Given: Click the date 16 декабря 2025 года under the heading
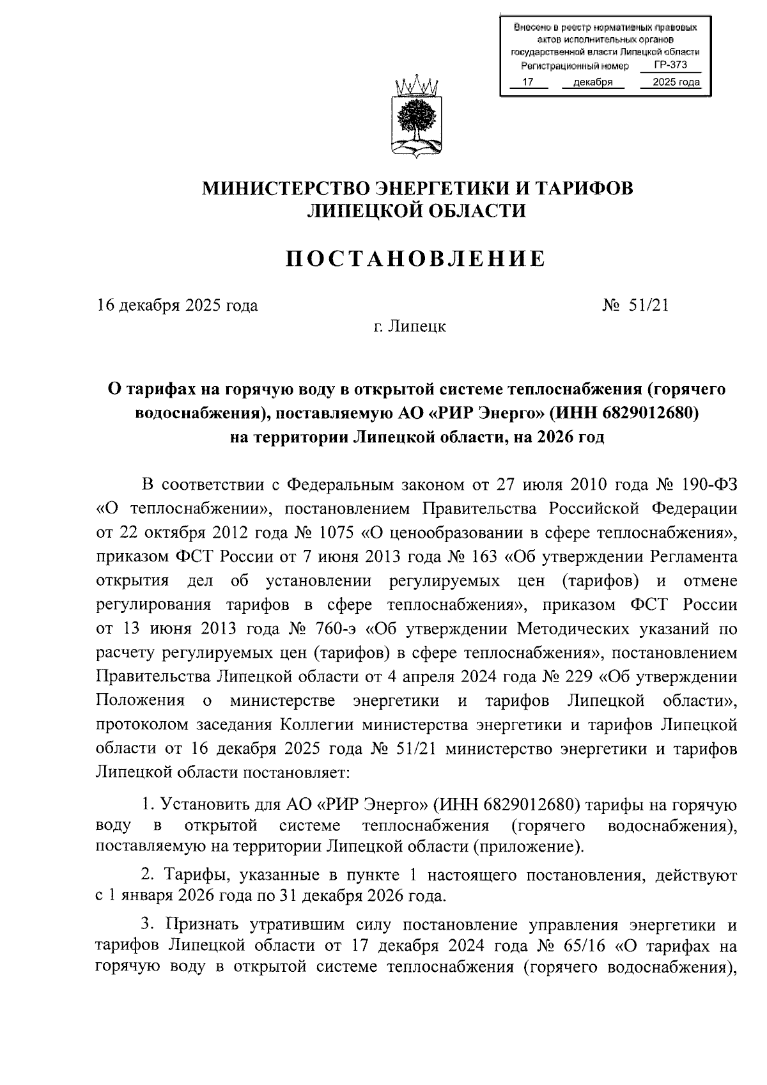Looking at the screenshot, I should pos(178,305).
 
